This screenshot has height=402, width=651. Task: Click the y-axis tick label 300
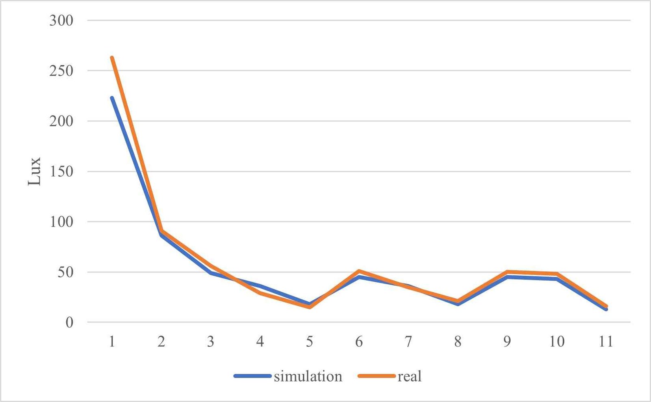[61, 21]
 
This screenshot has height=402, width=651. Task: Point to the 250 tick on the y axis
[61, 71]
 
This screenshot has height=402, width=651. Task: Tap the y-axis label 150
[61, 171]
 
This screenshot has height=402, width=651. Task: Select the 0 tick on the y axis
[69, 322]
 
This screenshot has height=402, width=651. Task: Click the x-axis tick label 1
[112, 341]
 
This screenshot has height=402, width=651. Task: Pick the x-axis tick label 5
[310, 341]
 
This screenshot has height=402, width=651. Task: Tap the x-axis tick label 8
[458, 341]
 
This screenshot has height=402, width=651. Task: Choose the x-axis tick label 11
[606, 341]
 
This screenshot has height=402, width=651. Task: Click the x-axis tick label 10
[557, 341]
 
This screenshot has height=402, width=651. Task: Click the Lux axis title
[34, 171]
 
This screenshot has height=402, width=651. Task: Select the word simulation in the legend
[308, 376]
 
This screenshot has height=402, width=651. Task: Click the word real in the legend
[409, 376]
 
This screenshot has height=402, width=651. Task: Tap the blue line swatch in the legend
[253, 376]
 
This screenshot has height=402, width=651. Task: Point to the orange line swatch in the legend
[376, 376]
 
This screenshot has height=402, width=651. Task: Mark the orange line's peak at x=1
[112, 57]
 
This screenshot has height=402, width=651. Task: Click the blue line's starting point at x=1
[112, 98]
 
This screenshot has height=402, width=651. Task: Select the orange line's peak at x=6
[359, 271]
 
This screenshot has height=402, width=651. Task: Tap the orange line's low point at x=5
[310, 307]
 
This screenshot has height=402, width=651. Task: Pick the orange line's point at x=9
[507, 272]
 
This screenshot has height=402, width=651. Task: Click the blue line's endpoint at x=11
[606, 309]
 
